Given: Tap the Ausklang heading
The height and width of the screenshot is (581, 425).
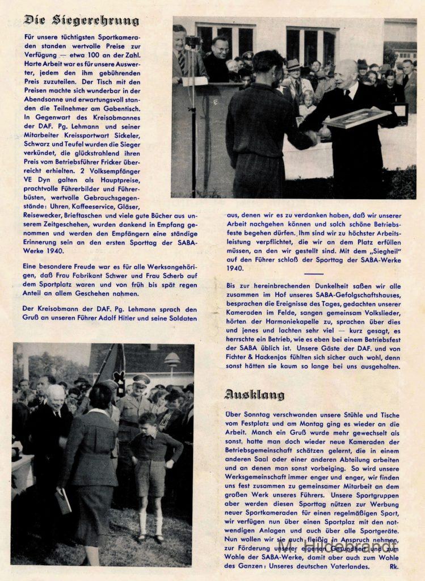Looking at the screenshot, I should coord(254,394).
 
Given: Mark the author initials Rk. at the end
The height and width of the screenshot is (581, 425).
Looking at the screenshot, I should coord(394,566).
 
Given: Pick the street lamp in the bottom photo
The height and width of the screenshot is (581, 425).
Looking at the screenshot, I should coord(172,359).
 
